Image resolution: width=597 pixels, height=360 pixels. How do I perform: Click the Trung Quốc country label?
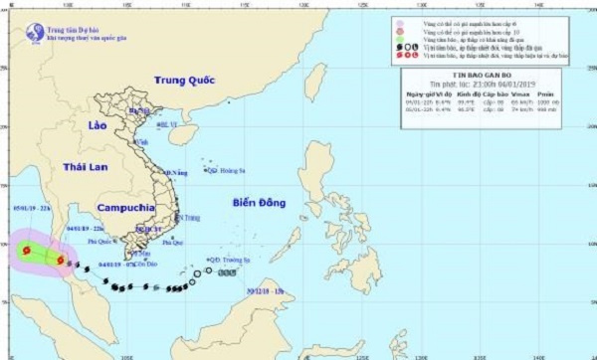click(186, 81)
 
